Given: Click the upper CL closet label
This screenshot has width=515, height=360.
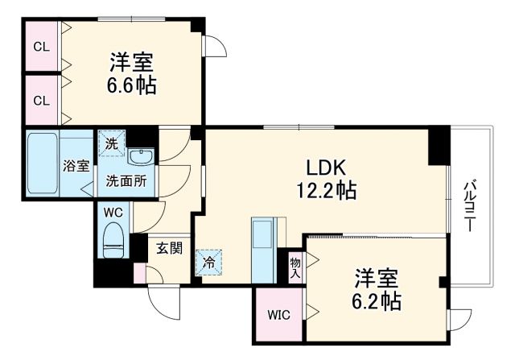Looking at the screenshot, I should pyautogui.click(x=41, y=46).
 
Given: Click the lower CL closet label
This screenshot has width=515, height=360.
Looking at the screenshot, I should pyautogui.click(x=41, y=101).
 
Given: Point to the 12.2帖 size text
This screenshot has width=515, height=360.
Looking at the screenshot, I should pyautogui.click(x=325, y=191).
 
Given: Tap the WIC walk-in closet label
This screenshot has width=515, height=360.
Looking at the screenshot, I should pyautogui.click(x=278, y=314).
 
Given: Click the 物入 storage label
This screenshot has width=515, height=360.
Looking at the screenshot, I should pyautogui.click(x=295, y=267).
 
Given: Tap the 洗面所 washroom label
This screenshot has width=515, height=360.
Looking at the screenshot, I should pyautogui.click(x=126, y=181).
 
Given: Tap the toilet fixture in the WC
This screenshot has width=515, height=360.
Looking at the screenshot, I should pyautogui.click(x=113, y=239).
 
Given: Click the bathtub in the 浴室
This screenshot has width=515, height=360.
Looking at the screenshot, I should pyautogui.click(x=42, y=165).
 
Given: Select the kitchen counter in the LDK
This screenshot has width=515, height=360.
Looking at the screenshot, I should pyautogui.click(x=262, y=249).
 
